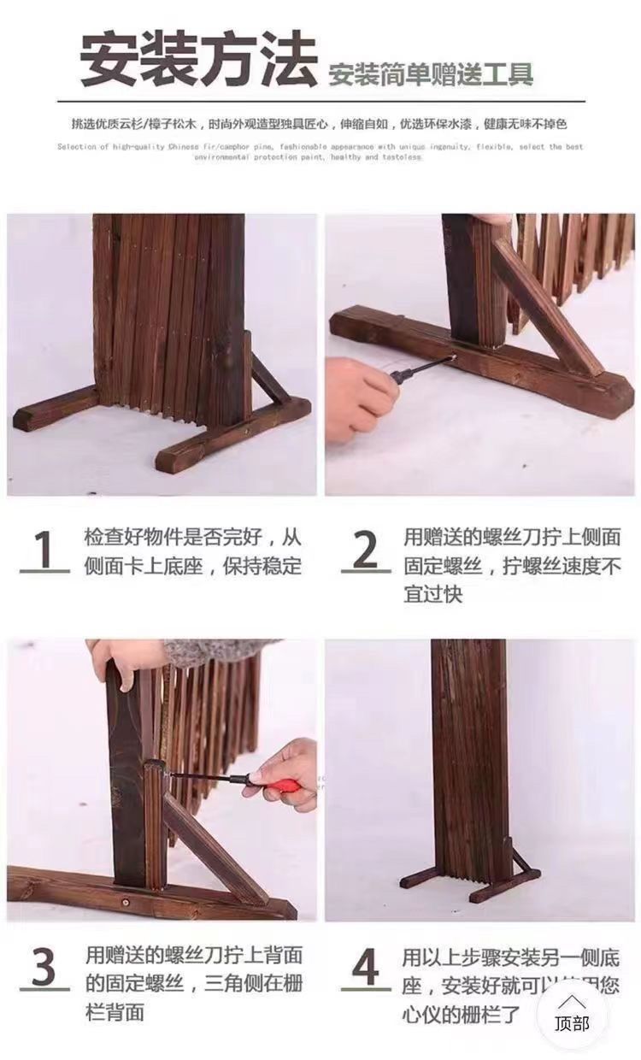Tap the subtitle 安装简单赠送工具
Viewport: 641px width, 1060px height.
[431, 74]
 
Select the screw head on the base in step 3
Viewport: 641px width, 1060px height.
[127, 901]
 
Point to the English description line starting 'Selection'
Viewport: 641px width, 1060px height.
[320, 151]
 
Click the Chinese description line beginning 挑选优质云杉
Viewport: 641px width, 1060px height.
[320, 124]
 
